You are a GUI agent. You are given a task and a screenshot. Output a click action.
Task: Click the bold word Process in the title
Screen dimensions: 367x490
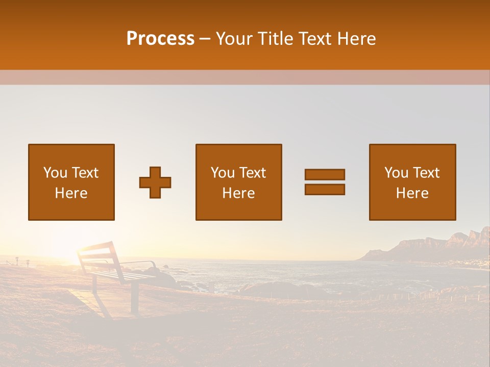pos(160,39)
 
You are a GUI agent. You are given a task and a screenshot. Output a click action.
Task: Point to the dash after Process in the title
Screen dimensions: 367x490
pos(205,39)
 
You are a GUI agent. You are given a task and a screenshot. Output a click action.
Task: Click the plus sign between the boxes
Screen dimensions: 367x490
pos(155,182)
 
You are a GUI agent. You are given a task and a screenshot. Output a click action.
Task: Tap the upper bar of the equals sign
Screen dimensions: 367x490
pos(325,174)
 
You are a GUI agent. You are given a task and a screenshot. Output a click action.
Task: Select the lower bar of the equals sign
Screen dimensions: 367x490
pos(325,189)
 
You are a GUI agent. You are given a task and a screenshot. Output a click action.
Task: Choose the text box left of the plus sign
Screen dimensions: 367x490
pos(71,182)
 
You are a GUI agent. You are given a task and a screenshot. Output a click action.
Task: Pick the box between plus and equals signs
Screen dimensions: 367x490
pos(238,182)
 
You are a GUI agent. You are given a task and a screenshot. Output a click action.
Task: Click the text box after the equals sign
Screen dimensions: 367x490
pos(412,182)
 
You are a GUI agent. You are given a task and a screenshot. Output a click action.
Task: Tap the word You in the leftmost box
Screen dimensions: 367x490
pos(55,173)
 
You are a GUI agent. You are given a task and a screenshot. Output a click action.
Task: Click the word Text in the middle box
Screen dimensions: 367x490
pos(253,173)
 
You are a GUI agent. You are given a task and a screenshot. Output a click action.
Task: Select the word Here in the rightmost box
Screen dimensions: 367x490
pos(412,193)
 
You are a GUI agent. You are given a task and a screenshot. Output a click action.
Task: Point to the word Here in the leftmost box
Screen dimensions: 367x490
pos(71,193)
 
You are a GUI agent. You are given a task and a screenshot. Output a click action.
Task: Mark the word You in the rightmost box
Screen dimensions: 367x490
pos(396,173)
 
